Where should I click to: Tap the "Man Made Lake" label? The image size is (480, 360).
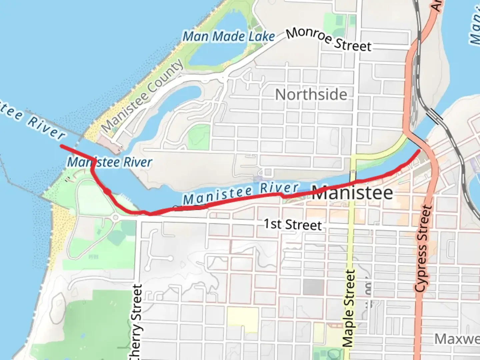coord(229,36)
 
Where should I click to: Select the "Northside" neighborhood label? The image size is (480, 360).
coord(311,95)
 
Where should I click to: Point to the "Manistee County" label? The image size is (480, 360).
coord(142,96)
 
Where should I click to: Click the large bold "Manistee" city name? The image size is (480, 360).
coord(352,193)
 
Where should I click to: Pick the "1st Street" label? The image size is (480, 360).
coord(293,224)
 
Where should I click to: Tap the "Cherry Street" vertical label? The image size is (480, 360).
coord(137,322)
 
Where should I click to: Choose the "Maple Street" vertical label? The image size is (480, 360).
coord(349,308)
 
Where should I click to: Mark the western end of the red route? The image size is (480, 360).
coord(61,146)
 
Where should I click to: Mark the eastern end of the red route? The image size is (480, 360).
coord(419,151)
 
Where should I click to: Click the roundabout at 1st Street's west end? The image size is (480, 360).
coord(115,218)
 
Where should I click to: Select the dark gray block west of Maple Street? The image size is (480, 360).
coord(313,287)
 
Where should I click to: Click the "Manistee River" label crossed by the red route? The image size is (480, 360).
coord(109,162)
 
